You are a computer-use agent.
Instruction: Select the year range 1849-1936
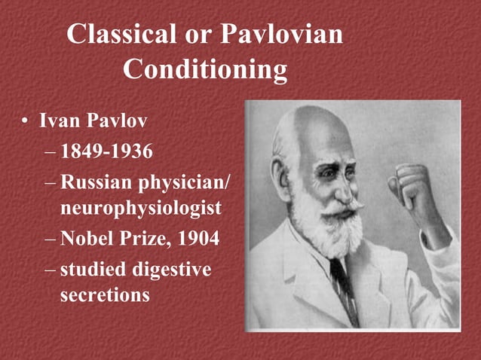coord(106,153)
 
